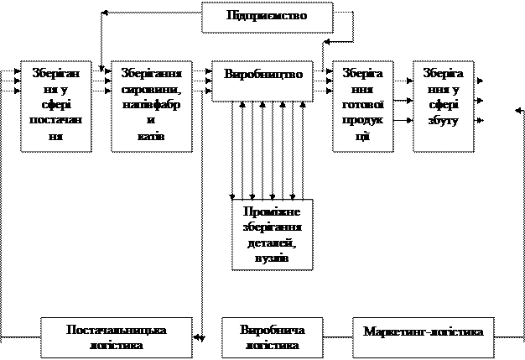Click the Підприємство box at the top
click(x=267, y=17)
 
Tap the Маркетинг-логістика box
click(x=424, y=331)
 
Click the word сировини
click(x=152, y=89)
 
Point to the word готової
click(x=363, y=105)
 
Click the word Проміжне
click(x=272, y=211)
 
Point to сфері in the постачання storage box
click(x=55, y=105)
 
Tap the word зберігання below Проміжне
click(x=272, y=227)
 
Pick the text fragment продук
click(x=363, y=121)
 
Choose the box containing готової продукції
click(x=363, y=105)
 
